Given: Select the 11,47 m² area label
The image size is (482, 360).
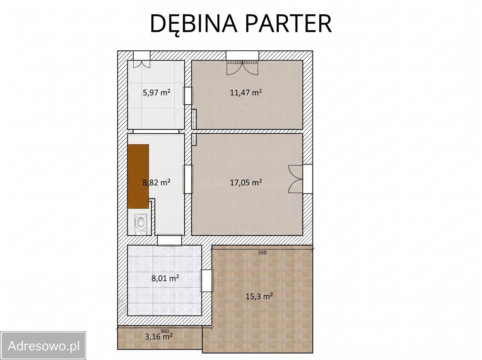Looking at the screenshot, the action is [x=246, y=93].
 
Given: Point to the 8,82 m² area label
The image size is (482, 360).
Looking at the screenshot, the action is [x=157, y=182].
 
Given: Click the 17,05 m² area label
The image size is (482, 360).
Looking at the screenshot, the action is [x=246, y=182].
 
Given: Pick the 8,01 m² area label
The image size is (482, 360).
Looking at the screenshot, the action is [x=165, y=278].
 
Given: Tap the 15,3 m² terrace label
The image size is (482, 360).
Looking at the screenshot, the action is [x=259, y=297].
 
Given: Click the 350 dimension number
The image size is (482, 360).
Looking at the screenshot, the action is [x=262, y=252].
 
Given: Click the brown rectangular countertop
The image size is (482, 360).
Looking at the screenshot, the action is [x=138, y=176].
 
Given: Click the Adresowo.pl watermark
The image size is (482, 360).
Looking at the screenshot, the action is [x=43, y=346].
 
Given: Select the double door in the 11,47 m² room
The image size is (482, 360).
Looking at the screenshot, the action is [x=242, y=68].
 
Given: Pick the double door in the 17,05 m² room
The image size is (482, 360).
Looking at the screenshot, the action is [x=296, y=179].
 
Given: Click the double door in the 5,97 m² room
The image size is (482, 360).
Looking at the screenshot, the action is [x=142, y=64].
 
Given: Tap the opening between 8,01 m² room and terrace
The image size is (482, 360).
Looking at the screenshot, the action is [x=207, y=281].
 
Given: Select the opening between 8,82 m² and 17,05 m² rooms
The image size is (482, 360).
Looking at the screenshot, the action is [x=188, y=179].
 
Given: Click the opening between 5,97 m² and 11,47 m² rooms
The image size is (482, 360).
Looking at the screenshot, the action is [x=188, y=96].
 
